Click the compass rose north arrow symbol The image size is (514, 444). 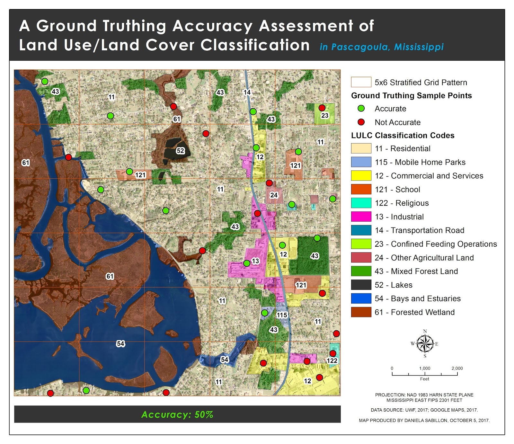[425, 343]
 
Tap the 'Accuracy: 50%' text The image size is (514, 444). [177, 414]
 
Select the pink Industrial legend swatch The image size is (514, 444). [361, 217]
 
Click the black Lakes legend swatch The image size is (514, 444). [361, 285]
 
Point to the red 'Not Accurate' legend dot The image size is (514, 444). [361, 122]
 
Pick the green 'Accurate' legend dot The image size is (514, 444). [361, 109]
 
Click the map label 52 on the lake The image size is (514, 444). [180, 151]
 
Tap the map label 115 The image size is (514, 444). [282, 315]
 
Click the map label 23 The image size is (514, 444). [325, 115]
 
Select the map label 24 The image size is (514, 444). [274, 195]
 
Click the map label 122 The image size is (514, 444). [332, 361]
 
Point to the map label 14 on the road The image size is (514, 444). [247, 92]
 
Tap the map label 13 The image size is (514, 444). [255, 261]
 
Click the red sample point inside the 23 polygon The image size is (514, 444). [322, 108]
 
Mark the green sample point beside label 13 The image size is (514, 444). [247, 263]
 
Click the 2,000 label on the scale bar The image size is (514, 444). [457, 368]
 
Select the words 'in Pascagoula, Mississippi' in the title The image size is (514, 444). [381, 47]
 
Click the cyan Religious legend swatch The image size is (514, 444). [361, 203]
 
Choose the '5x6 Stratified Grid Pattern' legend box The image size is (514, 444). [361, 82]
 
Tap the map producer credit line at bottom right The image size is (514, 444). [424, 420]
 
